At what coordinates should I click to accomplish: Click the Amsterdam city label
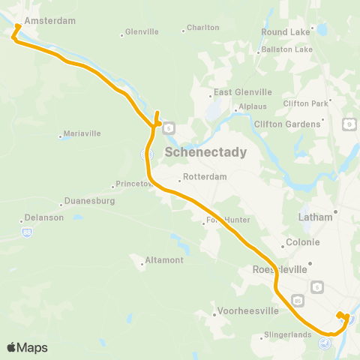point(50,21)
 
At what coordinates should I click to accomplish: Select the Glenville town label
point(142,32)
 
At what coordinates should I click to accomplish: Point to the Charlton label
point(202,28)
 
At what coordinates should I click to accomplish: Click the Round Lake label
point(285,32)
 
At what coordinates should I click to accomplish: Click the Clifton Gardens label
point(287,124)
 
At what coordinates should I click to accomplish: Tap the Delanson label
point(44,217)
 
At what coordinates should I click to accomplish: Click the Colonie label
point(303,242)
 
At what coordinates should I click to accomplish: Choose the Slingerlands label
point(288,335)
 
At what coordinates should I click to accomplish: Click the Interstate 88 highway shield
point(27,232)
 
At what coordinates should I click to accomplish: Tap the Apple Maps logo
point(27,347)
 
